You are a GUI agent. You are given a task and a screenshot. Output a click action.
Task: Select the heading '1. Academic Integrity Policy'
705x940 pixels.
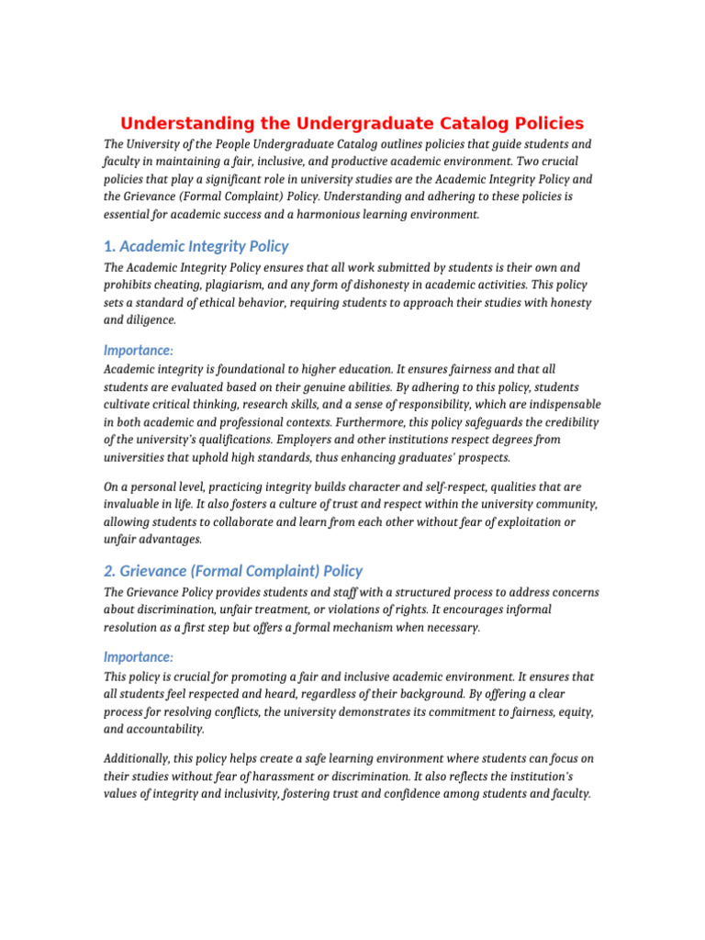[x=196, y=246]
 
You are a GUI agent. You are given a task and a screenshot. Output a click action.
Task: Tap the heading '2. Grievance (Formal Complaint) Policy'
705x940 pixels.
[x=232, y=571]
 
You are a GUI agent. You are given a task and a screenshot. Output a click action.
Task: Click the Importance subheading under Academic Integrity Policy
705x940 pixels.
[x=138, y=350]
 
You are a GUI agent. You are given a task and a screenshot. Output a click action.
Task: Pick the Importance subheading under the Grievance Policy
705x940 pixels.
[x=138, y=657]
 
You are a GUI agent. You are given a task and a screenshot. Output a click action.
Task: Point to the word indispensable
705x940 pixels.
[x=561, y=405]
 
